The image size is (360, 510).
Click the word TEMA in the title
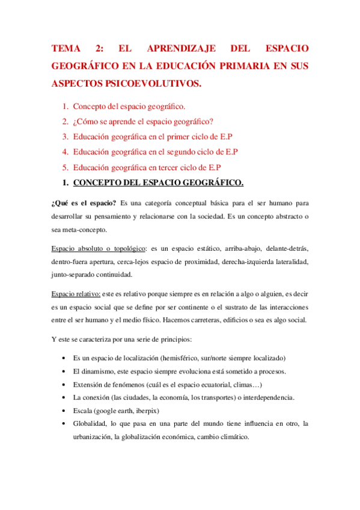tap(66, 48)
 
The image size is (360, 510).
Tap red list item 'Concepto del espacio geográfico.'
tap(129, 106)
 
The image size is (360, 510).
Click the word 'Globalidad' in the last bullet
tap(91, 424)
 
